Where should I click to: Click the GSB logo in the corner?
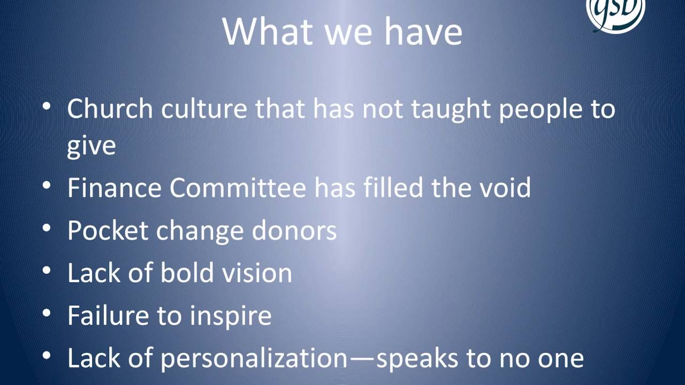click(615, 11)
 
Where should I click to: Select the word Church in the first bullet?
click(110, 109)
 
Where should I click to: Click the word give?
click(91, 145)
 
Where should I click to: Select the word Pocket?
click(108, 230)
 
